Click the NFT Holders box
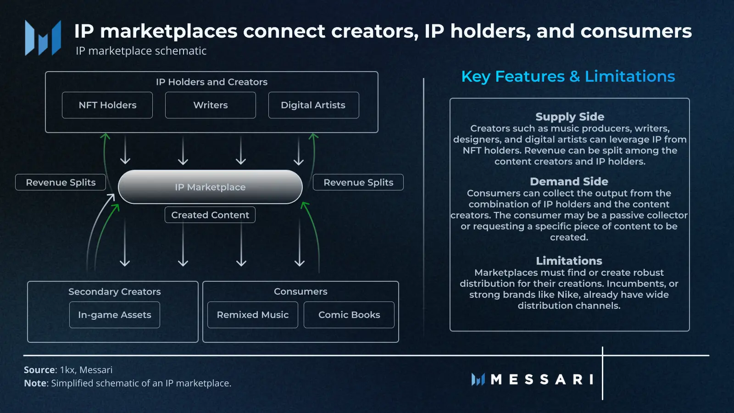coord(107,105)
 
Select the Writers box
coord(211,105)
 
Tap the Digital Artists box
coord(314,105)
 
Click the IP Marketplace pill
coord(210,187)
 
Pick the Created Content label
coord(210,215)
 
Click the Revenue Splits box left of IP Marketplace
coord(61,182)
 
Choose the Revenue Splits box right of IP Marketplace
coord(358,182)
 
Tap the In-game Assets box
coord(115,315)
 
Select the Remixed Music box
coord(253,315)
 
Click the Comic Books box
coord(349,315)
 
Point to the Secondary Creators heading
coord(114,291)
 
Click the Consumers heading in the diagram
coord(300,291)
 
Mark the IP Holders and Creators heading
coord(211,82)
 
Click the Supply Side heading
coord(570,117)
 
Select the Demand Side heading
coord(569,181)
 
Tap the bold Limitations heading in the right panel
coord(569,261)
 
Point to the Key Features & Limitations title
coord(568,76)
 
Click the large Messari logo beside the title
coord(43,38)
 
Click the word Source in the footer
coord(39,370)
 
